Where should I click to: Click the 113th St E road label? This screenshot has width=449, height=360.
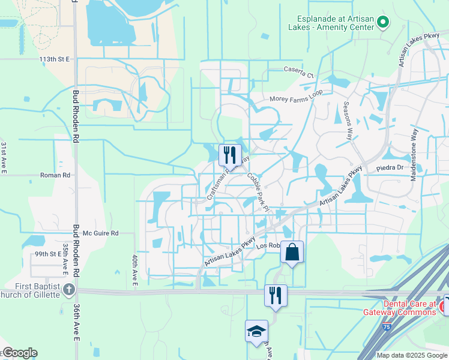[55, 59]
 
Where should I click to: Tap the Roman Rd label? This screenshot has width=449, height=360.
[55, 175]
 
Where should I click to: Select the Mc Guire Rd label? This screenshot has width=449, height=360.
[101, 233]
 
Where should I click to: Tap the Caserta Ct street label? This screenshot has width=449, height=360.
[299, 72]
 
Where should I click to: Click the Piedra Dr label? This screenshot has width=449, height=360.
[390, 168]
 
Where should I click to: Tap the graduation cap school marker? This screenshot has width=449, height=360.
[256, 331]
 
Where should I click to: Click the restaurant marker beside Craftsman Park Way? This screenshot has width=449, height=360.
[230, 155]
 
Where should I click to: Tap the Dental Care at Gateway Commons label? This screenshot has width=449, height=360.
[400, 308]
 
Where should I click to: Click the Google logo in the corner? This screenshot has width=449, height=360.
[19, 353]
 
